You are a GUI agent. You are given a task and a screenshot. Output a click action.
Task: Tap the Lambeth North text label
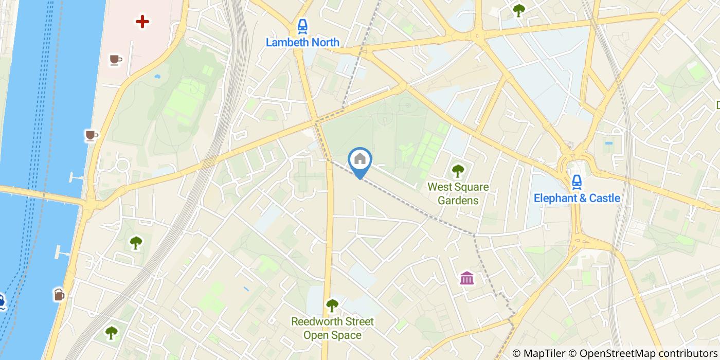[302, 42]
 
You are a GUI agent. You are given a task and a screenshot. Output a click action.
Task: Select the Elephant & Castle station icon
[577, 182]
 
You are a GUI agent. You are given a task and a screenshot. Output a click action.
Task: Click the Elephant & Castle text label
[577, 198]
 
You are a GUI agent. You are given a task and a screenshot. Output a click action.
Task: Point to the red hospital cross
[142, 22]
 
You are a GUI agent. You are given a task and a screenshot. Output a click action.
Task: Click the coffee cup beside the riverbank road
[92, 135]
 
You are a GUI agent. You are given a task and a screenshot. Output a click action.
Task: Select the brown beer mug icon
[59, 295]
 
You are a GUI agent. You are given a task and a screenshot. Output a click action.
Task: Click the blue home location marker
[360, 159]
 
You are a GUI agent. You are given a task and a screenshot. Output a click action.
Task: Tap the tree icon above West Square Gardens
[457, 171]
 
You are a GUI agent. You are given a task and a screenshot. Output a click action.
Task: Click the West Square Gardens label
[458, 193]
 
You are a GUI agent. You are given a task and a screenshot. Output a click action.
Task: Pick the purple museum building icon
[467, 278]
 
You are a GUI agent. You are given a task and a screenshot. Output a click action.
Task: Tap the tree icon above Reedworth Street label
[332, 305]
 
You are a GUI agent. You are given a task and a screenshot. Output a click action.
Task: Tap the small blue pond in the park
[157, 77]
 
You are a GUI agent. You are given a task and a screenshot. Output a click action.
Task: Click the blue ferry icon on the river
[2, 301]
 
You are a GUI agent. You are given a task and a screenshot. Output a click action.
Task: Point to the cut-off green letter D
[717, 105]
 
